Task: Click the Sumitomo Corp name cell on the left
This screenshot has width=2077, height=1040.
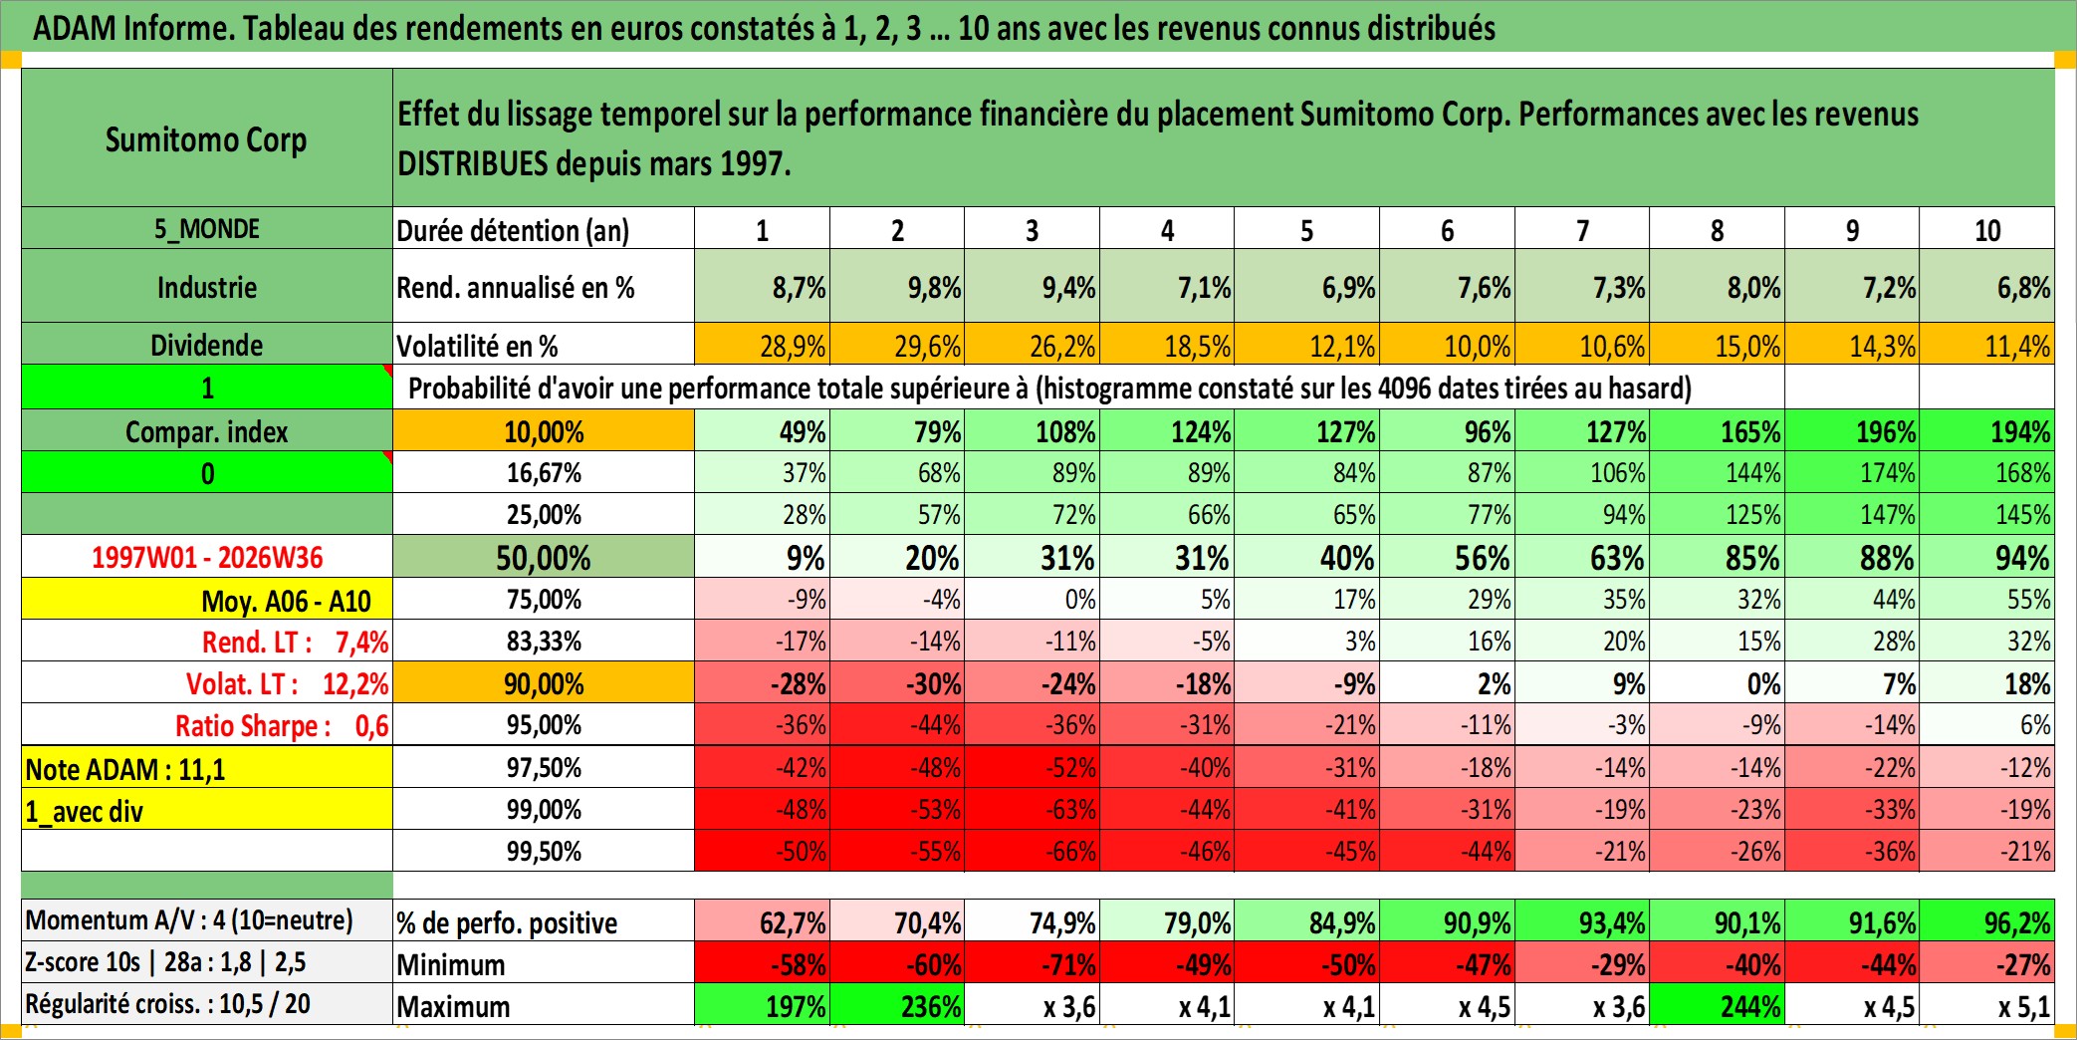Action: (x=207, y=137)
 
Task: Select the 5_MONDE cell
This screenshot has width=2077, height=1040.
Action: (x=207, y=228)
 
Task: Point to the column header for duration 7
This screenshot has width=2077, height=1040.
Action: (x=1582, y=229)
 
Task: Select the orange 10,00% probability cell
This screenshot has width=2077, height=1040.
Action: (x=544, y=430)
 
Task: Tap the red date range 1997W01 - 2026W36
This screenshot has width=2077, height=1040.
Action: (x=207, y=557)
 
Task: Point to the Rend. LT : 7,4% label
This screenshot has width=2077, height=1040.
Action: (x=295, y=642)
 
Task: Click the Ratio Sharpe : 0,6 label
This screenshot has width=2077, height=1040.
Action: (x=282, y=725)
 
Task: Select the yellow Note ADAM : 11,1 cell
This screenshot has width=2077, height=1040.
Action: (x=207, y=768)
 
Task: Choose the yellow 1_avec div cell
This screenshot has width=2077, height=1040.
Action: (x=207, y=810)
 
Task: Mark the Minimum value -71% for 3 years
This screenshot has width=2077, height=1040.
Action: (x=1033, y=963)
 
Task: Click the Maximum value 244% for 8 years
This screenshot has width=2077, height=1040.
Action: (x=1718, y=1005)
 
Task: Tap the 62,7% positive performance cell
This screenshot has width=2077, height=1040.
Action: (x=763, y=921)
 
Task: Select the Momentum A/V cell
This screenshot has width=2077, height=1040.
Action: (x=207, y=920)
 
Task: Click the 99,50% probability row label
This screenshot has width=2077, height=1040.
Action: (x=544, y=851)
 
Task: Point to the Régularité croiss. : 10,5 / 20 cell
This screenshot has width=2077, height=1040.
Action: (x=207, y=1004)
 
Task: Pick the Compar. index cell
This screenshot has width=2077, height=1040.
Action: (x=207, y=430)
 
